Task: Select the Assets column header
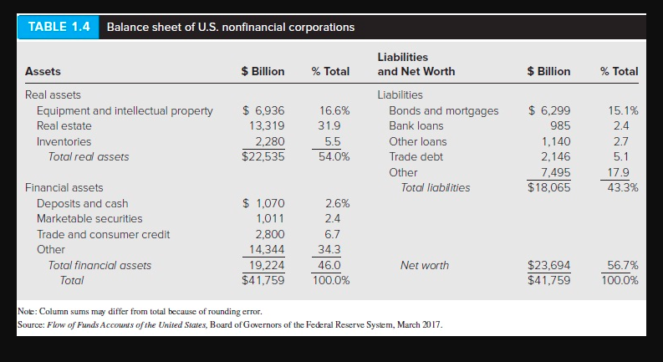(x=43, y=71)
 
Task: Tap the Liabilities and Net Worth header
(x=416, y=64)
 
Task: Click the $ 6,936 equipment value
(x=263, y=110)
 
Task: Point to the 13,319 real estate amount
(x=268, y=125)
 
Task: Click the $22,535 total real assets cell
(x=263, y=156)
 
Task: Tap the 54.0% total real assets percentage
(x=334, y=156)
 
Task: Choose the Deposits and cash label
(x=82, y=203)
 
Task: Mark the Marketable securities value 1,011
(x=271, y=218)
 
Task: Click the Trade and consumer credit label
(x=103, y=234)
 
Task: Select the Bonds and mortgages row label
(x=443, y=110)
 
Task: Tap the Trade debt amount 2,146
(x=556, y=156)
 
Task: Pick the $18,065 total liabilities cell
(x=550, y=187)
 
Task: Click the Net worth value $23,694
(x=550, y=265)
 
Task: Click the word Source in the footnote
(x=32, y=324)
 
